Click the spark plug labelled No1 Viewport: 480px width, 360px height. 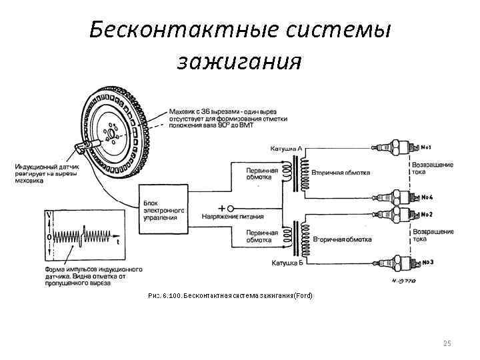point(399,146)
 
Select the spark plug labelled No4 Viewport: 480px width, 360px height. point(399,197)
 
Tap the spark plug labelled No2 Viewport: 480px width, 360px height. point(399,215)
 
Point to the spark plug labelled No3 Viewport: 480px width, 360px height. point(399,262)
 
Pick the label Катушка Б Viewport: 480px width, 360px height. point(287,263)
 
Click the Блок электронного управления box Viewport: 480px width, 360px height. point(162,209)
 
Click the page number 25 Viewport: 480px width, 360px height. point(447,343)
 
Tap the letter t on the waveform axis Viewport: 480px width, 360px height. point(117,243)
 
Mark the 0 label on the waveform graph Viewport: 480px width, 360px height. point(49,237)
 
